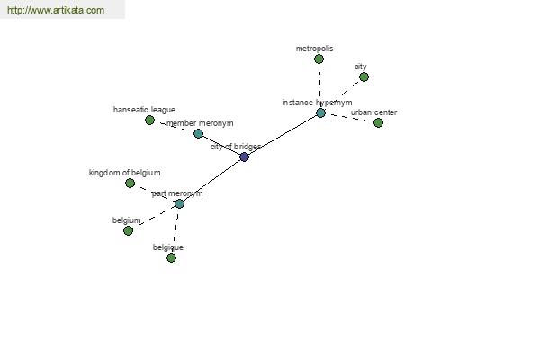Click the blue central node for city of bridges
tap(244, 157)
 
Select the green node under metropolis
tap(319, 59)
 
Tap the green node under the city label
tap(364, 77)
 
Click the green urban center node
tap(378, 122)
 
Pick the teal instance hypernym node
tap(320, 113)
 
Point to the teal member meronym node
tap(198, 134)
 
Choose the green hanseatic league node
tap(149, 121)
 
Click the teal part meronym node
tap(179, 204)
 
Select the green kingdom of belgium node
tap(130, 184)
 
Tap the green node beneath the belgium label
tap(128, 230)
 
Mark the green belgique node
tap(171, 257)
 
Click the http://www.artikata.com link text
tap(56, 10)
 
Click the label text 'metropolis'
tap(314, 49)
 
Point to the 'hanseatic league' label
tap(144, 110)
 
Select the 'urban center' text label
tap(373, 112)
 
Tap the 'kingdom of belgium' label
tap(125, 173)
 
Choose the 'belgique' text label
tap(168, 247)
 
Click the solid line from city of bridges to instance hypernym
tap(283, 135)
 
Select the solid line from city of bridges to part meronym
tap(211, 181)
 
